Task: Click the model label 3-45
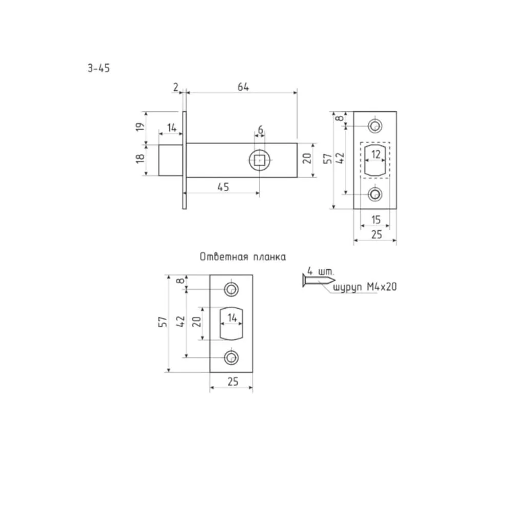tap(98, 68)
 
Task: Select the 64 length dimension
tap(243, 87)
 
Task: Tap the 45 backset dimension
tap(223, 187)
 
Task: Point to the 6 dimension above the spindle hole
tap(261, 130)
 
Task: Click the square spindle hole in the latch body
tap(260, 160)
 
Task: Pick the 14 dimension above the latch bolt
tap(171, 128)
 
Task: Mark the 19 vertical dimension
tap(140, 127)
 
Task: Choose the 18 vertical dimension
tap(140, 159)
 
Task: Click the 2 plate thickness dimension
tap(175, 87)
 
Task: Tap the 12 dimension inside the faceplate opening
tap(376, 154)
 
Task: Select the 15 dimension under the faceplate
tap(376, 220)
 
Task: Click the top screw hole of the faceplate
tap(375, 126)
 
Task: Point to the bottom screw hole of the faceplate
tap(375, 194)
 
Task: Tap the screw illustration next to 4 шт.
tap(319, 281)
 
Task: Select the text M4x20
tap(382, 287)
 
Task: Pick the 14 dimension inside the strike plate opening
tap(232, 318)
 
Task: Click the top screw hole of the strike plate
tap(231, 289)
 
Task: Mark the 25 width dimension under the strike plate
tap(232, 382)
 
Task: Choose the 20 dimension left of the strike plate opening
tap(196, 322)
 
